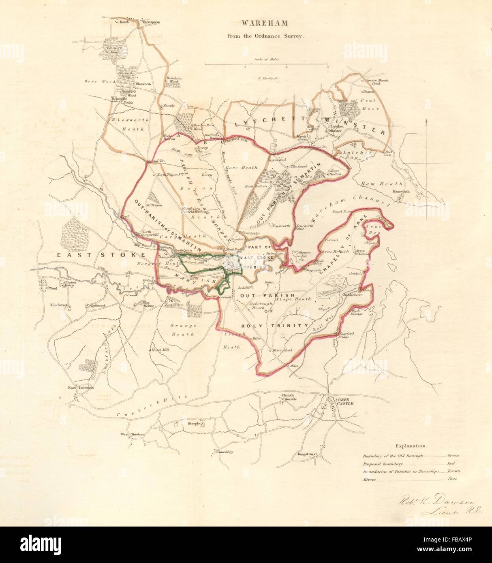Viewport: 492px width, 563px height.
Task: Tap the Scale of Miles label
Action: [266, 59]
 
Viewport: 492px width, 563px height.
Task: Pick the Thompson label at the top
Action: [150, 22]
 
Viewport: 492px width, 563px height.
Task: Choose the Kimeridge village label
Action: [225, 452]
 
